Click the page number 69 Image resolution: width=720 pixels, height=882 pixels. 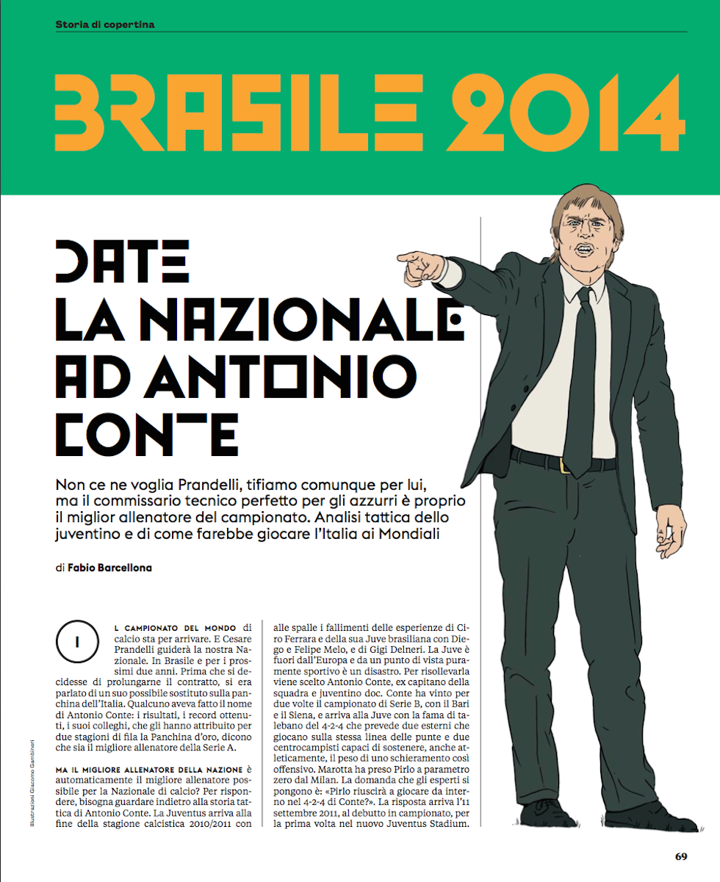(680, 856)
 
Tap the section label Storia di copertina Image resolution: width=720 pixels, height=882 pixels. (105, 24)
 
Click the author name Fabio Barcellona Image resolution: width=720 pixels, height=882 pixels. (109, 568)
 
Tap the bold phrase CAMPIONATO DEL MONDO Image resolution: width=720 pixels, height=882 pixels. (175, 628)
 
